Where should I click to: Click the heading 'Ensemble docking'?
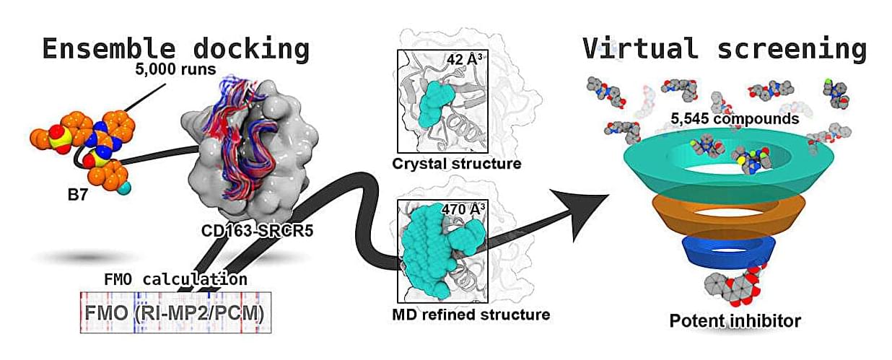(x=175, y=49)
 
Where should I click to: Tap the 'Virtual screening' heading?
(x=725, y=49)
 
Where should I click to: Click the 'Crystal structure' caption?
(x=456, y=164)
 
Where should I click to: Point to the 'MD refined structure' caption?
(x=471, y=315)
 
